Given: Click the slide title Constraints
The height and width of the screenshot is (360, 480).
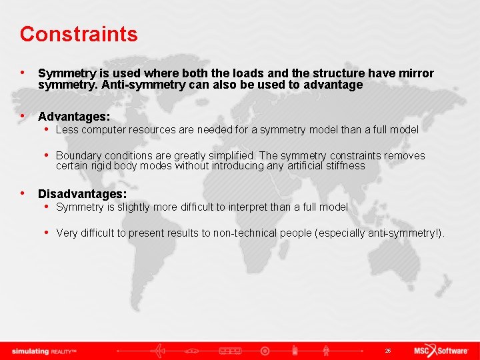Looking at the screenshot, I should (79, 34).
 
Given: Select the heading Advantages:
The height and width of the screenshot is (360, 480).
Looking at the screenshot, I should (73, 117).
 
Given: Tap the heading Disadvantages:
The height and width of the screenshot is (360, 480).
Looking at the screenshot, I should (82, 194).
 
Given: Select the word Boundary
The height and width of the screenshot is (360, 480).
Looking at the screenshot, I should (78, 155).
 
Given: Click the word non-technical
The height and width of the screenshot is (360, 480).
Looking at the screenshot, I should (250, 233).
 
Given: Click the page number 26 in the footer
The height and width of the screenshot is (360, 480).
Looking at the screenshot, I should (387, 351).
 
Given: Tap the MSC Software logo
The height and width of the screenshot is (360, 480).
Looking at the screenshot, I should (443, 351).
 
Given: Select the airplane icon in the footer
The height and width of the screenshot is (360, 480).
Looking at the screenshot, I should (158, 351).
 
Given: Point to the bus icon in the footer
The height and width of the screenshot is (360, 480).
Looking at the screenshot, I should (230, 351).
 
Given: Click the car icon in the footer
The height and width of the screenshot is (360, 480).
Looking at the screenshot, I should (193, 351).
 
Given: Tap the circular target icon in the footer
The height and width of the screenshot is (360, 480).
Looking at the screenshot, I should (265, 351).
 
